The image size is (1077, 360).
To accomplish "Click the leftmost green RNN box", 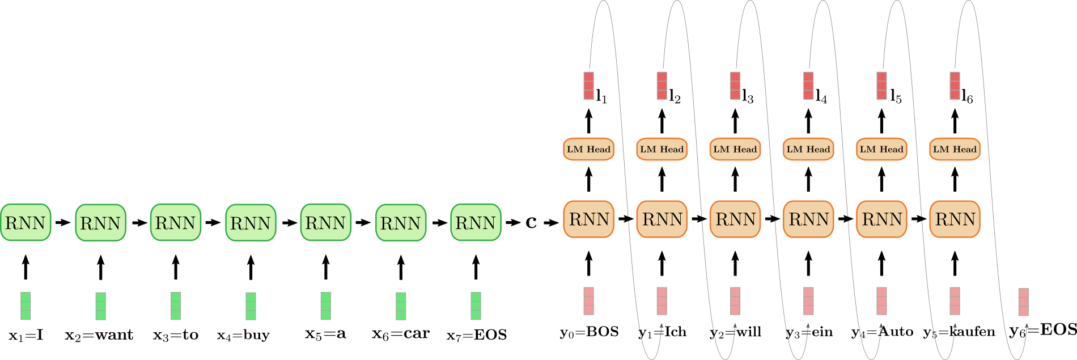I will point(26,222).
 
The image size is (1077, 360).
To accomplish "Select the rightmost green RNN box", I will point(476,222).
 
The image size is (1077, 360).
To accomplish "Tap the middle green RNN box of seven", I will point(251,222).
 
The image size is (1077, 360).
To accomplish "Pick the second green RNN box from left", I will point(100,222).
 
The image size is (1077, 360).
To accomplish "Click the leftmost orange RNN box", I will point(588,219).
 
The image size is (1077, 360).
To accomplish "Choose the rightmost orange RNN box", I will point(955,219).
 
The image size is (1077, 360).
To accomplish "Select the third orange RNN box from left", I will point(735,219).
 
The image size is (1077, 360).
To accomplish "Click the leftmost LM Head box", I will point(588,149).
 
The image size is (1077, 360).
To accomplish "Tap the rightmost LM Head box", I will point(955,149).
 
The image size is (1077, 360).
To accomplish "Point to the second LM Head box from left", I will point(662,149).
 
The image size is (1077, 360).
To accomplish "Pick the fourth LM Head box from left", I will point(808,149).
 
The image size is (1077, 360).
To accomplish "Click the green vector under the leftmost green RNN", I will point(26,306).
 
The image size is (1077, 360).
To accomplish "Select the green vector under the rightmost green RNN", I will point(476,306).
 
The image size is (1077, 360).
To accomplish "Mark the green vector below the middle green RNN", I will point(251,306).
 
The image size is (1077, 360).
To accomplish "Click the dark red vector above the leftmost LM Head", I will point(588,86).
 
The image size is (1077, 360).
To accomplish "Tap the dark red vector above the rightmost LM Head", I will point(955,86).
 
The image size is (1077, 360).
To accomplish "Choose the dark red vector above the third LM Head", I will point(735,86).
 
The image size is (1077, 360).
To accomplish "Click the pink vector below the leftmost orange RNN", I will point(588,301).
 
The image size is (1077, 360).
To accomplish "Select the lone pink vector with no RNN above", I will point(1023,302).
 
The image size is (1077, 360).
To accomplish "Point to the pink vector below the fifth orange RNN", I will point(881,301).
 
